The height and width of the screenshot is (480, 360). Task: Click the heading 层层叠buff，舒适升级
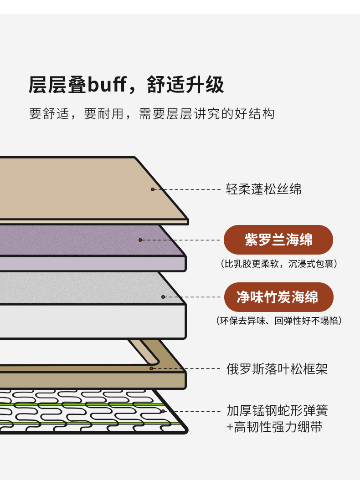point(126,85)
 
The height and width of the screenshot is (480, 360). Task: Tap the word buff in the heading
point(107,84)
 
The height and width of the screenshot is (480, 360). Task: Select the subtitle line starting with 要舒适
point(152,114)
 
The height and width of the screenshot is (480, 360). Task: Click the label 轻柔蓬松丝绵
point(263,189)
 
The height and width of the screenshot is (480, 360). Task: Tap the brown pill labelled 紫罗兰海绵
point(278,240)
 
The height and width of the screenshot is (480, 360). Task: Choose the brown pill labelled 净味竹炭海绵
point(278,297)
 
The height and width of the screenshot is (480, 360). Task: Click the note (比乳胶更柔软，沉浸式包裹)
point(279,264)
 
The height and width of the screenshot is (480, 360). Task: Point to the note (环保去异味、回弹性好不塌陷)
point(279,321)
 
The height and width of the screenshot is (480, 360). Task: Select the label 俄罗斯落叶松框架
point(277,369)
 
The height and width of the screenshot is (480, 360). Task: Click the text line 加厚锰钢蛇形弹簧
point(277,410)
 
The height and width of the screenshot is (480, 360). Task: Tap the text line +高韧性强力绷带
point(274,427)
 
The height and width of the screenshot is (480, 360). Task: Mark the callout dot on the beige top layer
point(153,189)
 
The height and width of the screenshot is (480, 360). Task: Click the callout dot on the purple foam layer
point(140,240)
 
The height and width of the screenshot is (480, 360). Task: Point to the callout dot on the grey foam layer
point(163,297)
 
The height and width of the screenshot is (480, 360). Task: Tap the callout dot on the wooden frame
point(151,368)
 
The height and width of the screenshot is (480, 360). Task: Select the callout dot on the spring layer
point(163,411)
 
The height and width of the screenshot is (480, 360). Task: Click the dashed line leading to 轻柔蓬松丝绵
point(187,189)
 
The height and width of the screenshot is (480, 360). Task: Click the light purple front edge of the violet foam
point(92,263)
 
